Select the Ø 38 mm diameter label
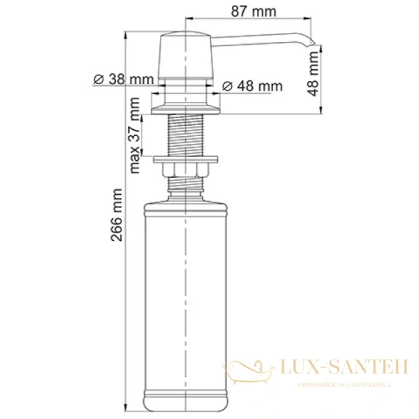(123, 79)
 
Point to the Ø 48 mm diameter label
(252, 86)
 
